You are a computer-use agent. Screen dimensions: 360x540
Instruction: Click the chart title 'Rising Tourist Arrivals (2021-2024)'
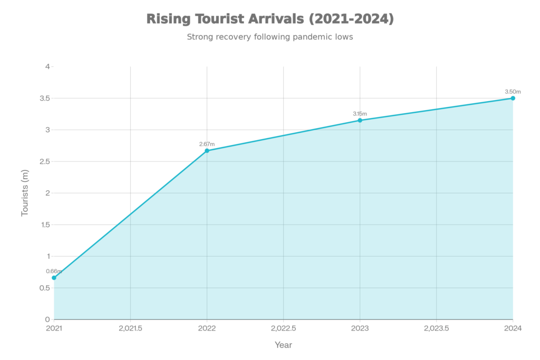point(270,20)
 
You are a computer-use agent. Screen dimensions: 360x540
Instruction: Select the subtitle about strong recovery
point(270,37)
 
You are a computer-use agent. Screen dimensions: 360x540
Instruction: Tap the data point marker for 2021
point(54,278)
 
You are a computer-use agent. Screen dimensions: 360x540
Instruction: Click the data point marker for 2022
point(207,150)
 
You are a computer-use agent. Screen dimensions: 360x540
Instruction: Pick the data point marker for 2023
point(360,119)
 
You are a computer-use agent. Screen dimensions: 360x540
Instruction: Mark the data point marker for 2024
point(513,98)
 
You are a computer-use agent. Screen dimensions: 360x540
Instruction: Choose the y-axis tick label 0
point(47,319)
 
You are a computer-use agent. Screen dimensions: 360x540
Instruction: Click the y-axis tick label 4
point(47,67)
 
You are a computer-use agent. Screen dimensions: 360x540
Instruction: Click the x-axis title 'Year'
point(283,345)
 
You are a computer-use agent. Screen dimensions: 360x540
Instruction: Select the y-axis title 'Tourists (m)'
point(25,193)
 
